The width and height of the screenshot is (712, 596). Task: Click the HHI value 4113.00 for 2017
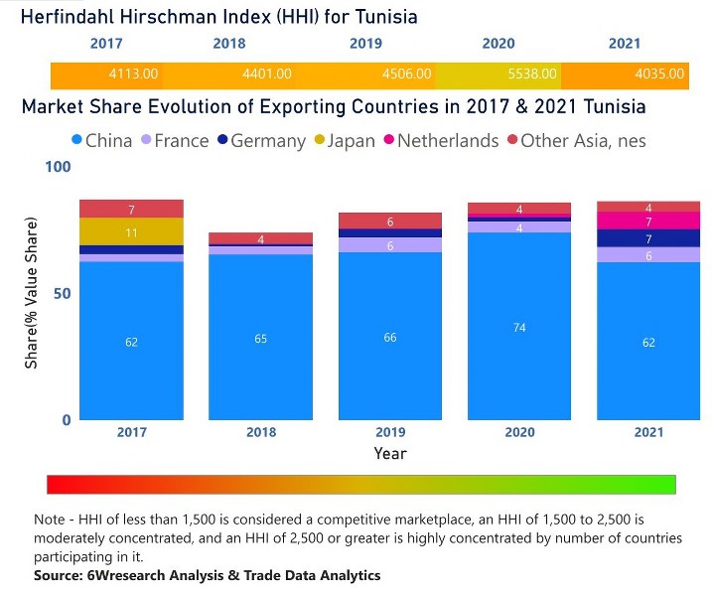(131, 74)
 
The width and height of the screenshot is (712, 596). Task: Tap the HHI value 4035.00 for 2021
(659, 74)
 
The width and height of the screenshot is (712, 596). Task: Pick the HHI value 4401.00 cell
(267, 74)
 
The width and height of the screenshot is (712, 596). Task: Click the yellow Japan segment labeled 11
(131, 231)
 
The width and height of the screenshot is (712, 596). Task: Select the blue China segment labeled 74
(519, 327)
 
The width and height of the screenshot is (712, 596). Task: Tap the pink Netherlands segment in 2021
(647, 221)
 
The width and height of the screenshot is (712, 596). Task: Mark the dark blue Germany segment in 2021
(647, 238)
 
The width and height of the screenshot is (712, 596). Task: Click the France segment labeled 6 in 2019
(390, 245)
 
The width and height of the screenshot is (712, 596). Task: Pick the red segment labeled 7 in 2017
(131, 209)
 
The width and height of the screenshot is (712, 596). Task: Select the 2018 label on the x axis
(260, 432)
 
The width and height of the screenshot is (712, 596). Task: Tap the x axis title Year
(390, 453)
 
